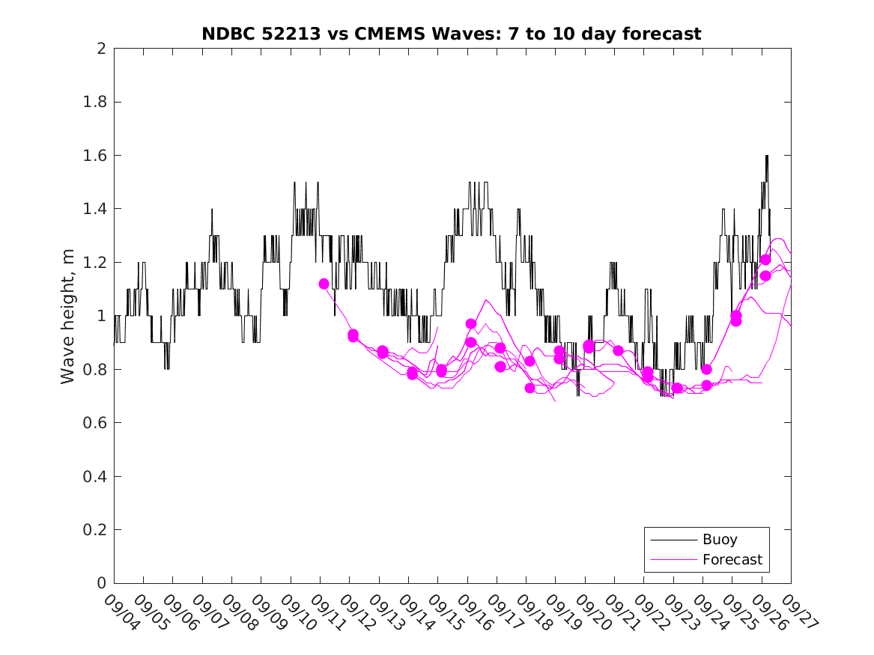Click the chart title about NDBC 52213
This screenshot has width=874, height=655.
tap(451, 34)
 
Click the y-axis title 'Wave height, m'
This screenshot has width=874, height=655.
tap(68, 316)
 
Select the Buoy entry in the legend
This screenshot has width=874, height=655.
tap(719, 539)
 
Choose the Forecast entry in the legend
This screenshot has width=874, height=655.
tap(732, 559)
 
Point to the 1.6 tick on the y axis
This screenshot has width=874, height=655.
tap(97, 156)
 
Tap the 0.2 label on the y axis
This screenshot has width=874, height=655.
tap(97, 530)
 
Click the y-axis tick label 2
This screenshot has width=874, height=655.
tap(100, 49)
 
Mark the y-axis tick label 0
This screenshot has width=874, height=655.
tap(100, 583)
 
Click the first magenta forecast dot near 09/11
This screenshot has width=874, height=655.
tap(324, 284)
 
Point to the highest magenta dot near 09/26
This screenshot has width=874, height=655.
tap(765, 260)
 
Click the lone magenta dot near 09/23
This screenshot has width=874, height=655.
tap(677, 388)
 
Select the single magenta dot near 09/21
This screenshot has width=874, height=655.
tap(618, 350)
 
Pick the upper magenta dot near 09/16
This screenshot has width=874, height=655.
tap(471, 324)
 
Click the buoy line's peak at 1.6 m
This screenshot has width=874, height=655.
tap(767, 156)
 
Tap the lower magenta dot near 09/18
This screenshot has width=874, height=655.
tap(529, 388)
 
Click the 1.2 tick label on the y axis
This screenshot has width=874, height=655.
tap(97, 263)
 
